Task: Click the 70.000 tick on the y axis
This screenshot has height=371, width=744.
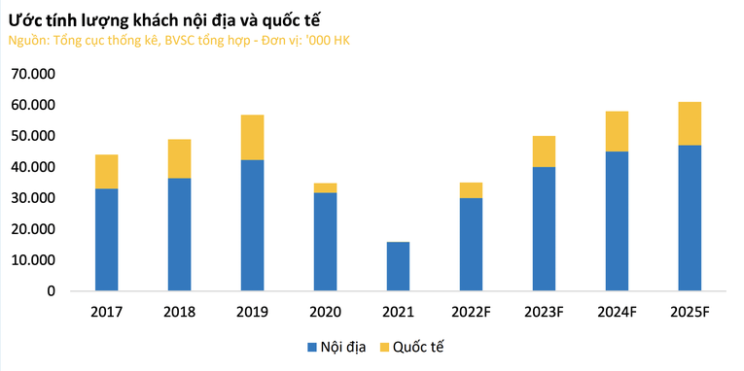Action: click(35, 74)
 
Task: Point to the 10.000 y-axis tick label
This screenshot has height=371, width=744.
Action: click(35, 260)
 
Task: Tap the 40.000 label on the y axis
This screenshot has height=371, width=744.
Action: click(35, 167)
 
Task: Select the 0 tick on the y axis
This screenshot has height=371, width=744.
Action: click(52, 291)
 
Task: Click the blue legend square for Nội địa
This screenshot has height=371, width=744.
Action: click(312, 347)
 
